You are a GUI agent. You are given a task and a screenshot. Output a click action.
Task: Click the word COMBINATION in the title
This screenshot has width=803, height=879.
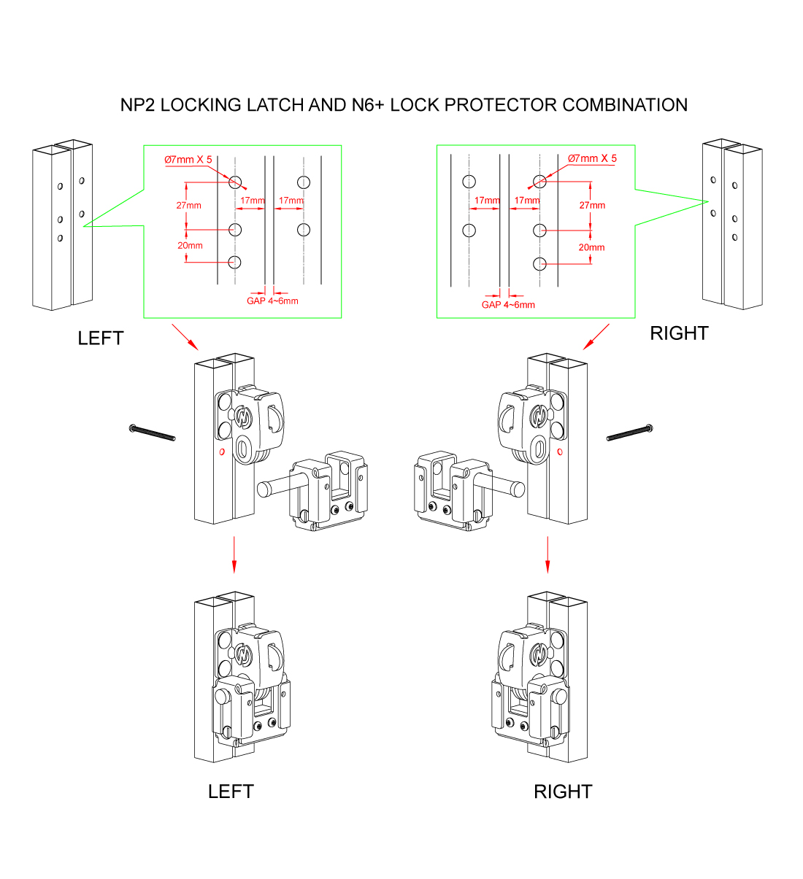pos(625,105)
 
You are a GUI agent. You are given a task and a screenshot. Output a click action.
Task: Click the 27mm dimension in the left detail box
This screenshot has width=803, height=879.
pos(188,206)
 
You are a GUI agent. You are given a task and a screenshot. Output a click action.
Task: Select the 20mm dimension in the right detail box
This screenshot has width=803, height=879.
pos(591,247)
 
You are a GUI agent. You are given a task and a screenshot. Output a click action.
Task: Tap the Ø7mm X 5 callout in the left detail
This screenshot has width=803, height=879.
pos(188,159)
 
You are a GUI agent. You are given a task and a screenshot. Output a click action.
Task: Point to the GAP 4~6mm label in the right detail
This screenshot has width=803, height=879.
pos(508,305)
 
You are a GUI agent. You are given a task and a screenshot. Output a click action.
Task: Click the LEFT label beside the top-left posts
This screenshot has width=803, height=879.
pos(101,338)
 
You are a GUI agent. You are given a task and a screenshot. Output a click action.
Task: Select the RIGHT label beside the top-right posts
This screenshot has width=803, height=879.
pos(679,333)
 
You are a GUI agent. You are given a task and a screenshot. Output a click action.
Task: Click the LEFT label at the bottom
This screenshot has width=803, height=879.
pos(231,791)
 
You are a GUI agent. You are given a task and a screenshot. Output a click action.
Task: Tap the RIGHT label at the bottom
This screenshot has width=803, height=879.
pos(563,791)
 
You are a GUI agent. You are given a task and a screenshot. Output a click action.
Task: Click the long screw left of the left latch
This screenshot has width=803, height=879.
pos(153,433)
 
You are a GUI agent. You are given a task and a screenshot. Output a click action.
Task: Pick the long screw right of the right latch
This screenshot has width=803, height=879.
pos(629,433)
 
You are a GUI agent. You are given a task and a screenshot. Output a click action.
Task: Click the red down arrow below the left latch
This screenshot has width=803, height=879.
pos(234,555)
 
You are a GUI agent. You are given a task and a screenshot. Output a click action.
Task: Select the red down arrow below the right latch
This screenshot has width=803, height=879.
pos(547,555)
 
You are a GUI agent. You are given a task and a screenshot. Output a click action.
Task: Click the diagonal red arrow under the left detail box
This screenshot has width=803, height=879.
pos(185,337)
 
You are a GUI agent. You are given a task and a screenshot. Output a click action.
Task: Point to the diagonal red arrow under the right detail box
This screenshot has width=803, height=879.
pos(596,337)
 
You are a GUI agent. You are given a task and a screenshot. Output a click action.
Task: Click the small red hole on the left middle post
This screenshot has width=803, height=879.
pos(222,452)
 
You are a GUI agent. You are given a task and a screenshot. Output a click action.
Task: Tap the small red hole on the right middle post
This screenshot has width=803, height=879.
pos(560,452)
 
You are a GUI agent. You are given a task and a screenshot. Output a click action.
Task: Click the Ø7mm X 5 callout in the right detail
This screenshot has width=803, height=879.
pos(592,158)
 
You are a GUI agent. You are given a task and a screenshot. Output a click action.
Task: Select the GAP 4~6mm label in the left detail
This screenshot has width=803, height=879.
pos(272,301)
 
